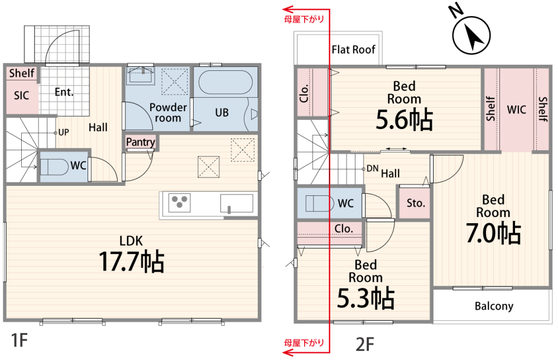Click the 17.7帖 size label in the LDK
pos(132,262)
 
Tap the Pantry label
pos(140,142)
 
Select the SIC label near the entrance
pos(21,95)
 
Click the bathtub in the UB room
pos(225,82)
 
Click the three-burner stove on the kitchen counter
pos(180,201)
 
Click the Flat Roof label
pos(354,50)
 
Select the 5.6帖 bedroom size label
pos(404,119)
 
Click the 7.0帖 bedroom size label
pos(493,233)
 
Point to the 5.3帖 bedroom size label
pos(365,298)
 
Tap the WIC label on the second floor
pos(516,109)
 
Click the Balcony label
pos(494,306)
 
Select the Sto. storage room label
pos(416,203)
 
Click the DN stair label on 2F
pos(372,168)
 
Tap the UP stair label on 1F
pos(64,133)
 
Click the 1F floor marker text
pos(18,340)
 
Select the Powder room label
pos(168,112)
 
